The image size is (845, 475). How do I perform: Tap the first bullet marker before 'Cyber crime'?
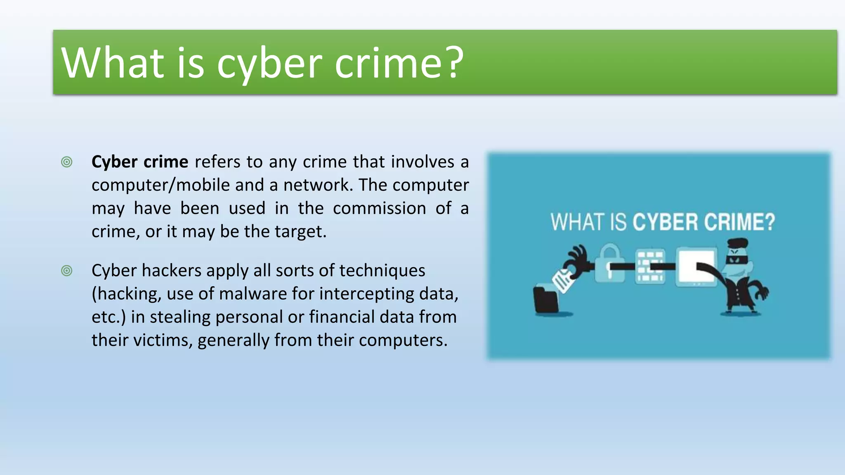[66, 162]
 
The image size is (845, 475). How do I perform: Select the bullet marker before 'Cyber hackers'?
[66, 271]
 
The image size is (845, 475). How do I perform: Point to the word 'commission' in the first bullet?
[379, 208]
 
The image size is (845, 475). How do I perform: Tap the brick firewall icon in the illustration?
[650, 266]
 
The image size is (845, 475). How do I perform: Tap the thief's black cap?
[737, 243]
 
